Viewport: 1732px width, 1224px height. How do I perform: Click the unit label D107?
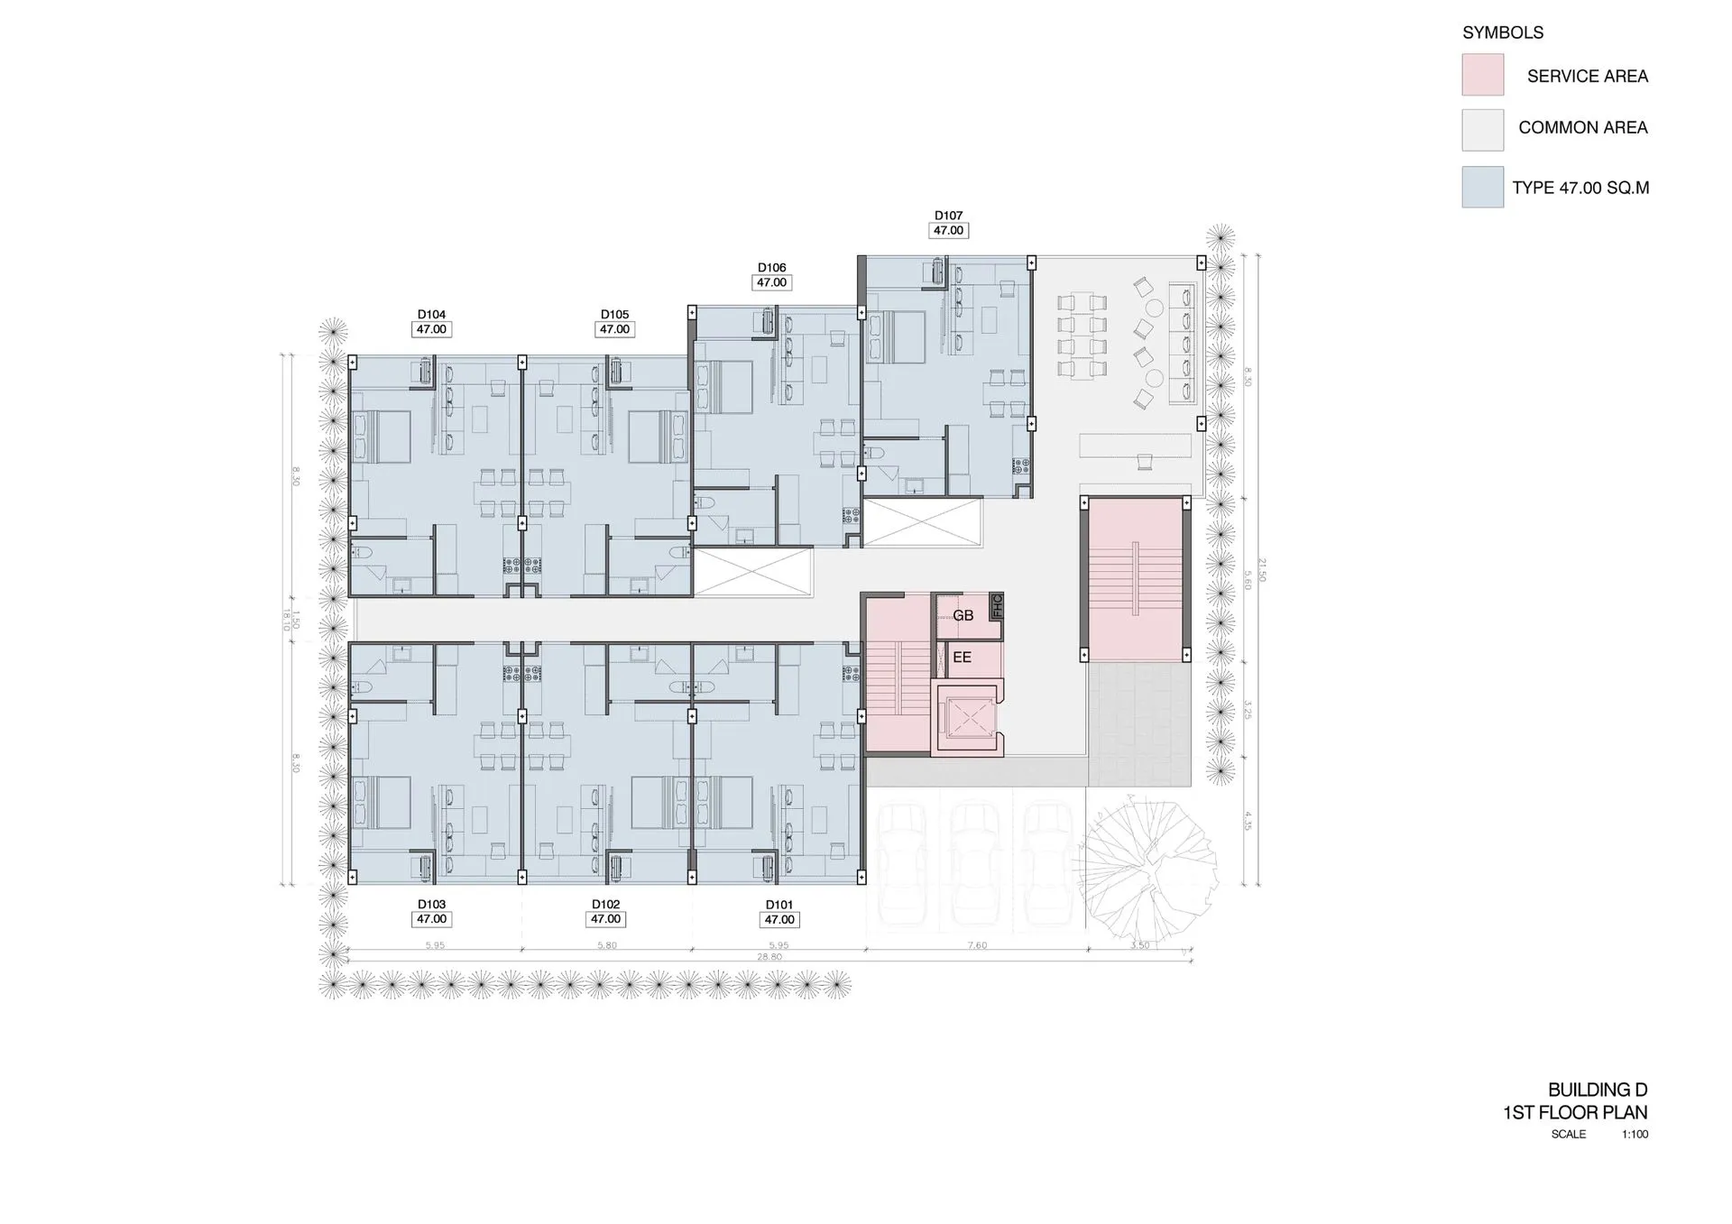click(948, 216)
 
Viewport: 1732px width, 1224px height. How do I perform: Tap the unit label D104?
click(431, 315)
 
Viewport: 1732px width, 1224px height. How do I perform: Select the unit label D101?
click(778, 905)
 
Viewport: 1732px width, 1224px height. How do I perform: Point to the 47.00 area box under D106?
click(771, 282)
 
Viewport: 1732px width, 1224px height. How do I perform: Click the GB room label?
click(963, 615)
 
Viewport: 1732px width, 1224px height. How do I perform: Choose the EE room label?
click(962, 658)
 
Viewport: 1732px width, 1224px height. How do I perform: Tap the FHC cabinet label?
click(997, 605)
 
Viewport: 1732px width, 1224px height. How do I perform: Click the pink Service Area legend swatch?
click(1482, 75)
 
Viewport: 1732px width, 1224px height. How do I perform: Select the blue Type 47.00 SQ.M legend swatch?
click(1482, 187)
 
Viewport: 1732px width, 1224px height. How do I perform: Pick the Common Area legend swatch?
click(1482, 130)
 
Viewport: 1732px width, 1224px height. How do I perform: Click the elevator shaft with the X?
click(970, 719)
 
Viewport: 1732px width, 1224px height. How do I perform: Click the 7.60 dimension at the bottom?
click(977, 945)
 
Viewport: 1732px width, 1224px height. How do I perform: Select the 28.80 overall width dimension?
click(769, 957)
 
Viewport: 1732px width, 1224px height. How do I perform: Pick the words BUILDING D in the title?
click(1597, 1090)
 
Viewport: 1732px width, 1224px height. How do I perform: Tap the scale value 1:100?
click(1634, 1135)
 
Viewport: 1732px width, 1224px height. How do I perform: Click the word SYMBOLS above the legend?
click(1502, 32)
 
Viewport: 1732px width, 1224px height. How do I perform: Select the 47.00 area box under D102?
click(605, 919)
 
